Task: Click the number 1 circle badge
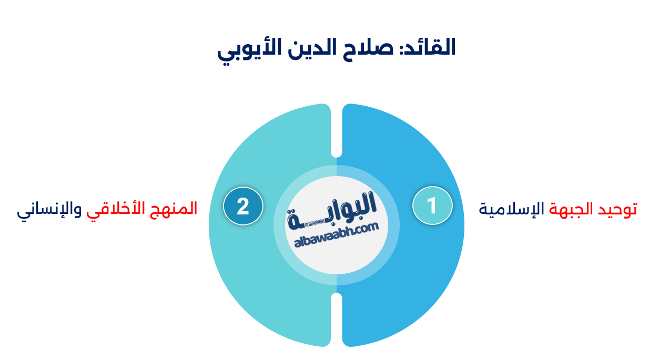(432, 205)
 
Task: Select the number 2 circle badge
(243, 206)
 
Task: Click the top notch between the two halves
(337, 150)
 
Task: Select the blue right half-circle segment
(415, 273)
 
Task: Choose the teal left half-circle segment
(252, 273)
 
